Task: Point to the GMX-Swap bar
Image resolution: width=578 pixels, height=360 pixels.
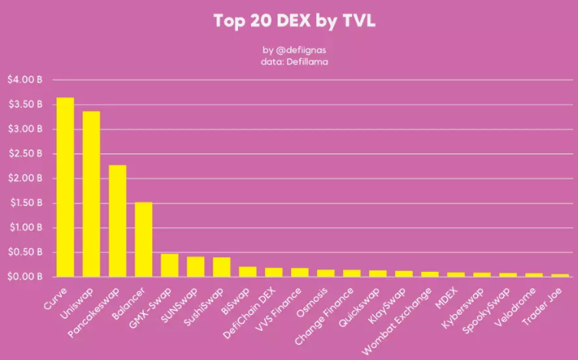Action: coord(169,265)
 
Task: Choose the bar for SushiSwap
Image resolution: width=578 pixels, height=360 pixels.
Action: coord(221,267)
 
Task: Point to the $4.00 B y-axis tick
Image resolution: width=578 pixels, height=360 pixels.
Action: coord(25,80)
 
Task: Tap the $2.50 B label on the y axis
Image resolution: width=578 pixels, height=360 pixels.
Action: coord(25,153)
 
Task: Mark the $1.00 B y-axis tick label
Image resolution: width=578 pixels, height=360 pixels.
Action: coord(25,227)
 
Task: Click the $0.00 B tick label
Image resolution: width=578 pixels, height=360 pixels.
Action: coord(25,277)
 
